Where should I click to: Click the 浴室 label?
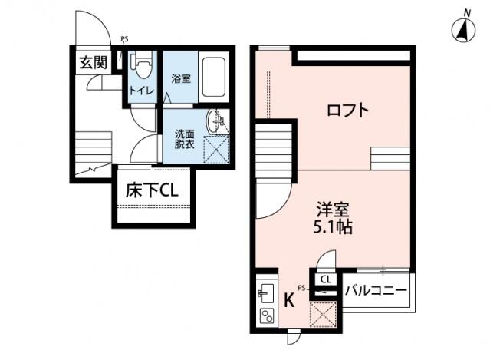180,78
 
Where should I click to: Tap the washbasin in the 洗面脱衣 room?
217,120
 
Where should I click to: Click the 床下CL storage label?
152,190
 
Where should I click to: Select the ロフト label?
347,110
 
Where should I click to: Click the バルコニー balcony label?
376,292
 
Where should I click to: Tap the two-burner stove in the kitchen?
267,315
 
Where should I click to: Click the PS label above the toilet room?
124,38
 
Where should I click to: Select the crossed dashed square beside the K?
322,315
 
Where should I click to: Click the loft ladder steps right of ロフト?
391,158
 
